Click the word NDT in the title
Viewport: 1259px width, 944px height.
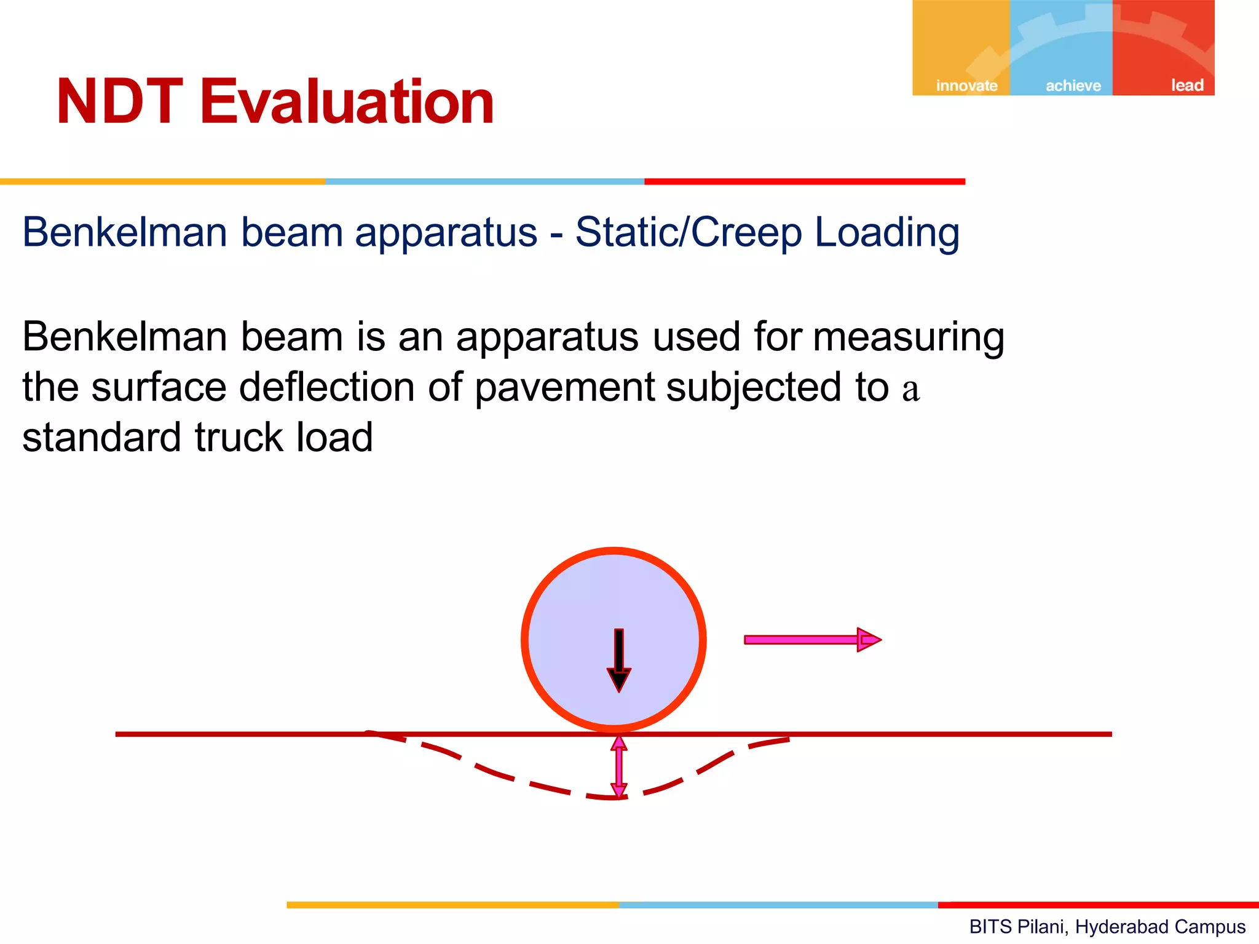120,102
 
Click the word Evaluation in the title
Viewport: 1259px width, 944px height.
347,102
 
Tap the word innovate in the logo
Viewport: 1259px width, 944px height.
966,85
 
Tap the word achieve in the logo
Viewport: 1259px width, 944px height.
1073,85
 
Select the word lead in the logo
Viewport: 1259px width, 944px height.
1186,85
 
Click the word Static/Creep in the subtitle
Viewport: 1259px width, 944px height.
689,232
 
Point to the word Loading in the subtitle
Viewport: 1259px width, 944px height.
886,232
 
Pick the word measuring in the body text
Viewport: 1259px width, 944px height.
909,337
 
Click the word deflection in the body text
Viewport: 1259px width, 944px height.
326,387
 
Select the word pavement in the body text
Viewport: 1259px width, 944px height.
564,388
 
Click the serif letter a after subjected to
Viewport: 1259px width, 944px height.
910,390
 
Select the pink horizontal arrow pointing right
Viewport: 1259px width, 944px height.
811,640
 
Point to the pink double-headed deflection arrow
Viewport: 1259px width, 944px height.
618,766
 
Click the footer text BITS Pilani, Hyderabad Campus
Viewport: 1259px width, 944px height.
1107,926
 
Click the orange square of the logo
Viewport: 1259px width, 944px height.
960,43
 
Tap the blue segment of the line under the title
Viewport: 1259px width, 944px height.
484,182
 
